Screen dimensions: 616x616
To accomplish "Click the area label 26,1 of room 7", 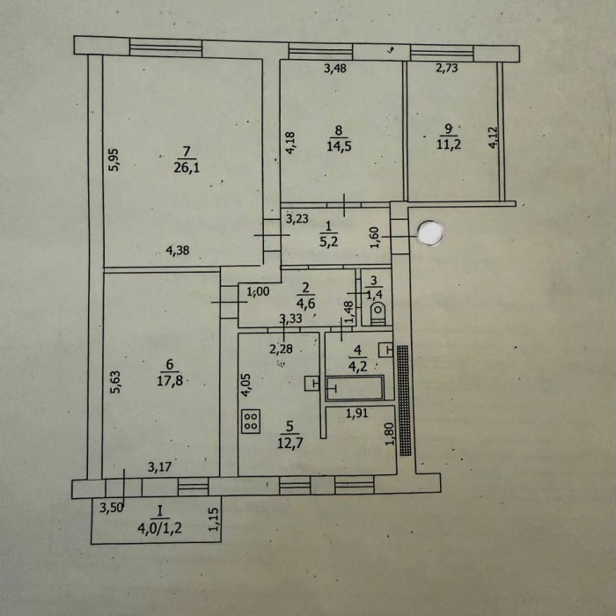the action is [187, 168].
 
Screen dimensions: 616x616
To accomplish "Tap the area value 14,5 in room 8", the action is [339, 147].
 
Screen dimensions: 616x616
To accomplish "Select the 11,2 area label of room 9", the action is [449, 144].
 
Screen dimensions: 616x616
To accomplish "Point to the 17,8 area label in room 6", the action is [170, 381].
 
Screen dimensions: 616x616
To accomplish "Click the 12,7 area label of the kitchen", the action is [290, 444].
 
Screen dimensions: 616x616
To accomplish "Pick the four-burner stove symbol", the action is [251, 422].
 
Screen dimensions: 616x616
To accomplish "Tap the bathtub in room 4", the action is [355, 388].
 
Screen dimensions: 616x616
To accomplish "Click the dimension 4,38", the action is [178, 250].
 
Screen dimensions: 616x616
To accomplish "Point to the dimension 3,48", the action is [335, 69].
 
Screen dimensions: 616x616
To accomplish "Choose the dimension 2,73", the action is [447, 68].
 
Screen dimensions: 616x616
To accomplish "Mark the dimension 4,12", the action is [493, 137].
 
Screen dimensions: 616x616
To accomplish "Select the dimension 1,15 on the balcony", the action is [213, 521].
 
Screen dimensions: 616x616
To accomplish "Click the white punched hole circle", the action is [430, 233].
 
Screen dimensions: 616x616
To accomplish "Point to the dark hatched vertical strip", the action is [404, 400].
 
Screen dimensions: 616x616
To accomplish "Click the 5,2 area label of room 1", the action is [328, 241].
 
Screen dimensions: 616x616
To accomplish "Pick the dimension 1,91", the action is [356, 413].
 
